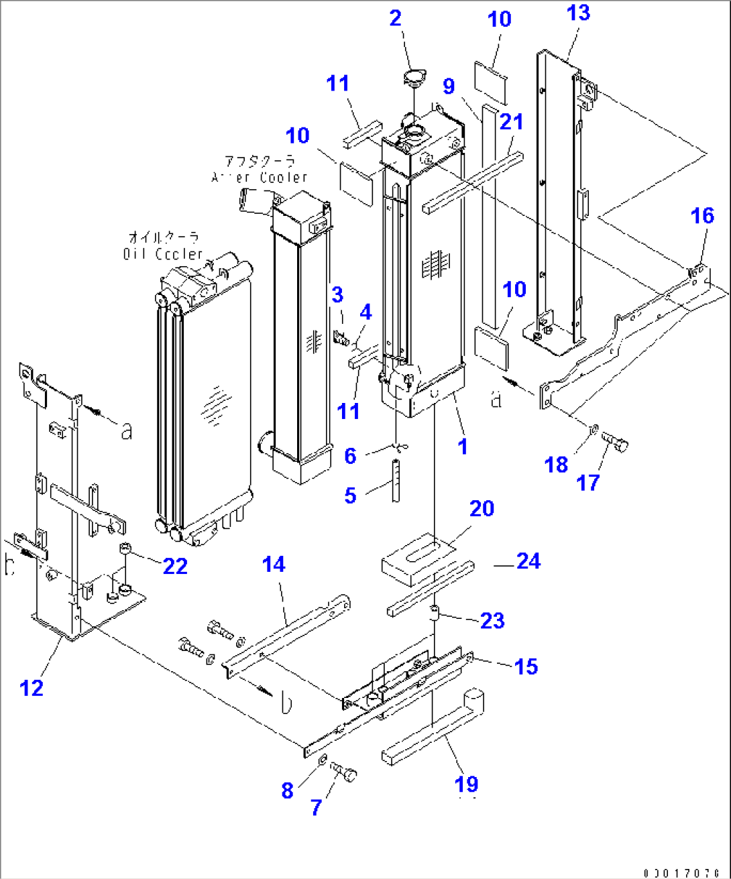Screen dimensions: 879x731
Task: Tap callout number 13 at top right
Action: coord(578,13)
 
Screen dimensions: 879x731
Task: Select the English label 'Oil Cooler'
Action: coord(163,254)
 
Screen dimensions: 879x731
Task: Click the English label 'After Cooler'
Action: coord(260,177)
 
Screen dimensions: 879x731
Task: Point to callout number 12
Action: coord(32,687)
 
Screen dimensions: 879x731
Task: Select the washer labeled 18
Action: coord(593,428)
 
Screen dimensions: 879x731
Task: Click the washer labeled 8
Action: coord(322,760)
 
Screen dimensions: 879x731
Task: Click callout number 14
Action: coord(274,565)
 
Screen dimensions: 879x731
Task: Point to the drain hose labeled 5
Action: coord(397,479)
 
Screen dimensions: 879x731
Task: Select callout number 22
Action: coord(175,566)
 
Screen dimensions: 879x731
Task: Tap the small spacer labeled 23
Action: coord(435,611)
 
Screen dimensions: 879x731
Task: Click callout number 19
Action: coord(467,783)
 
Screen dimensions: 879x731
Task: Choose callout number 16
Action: coord(702,215)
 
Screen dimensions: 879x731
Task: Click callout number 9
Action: coord(449,86)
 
